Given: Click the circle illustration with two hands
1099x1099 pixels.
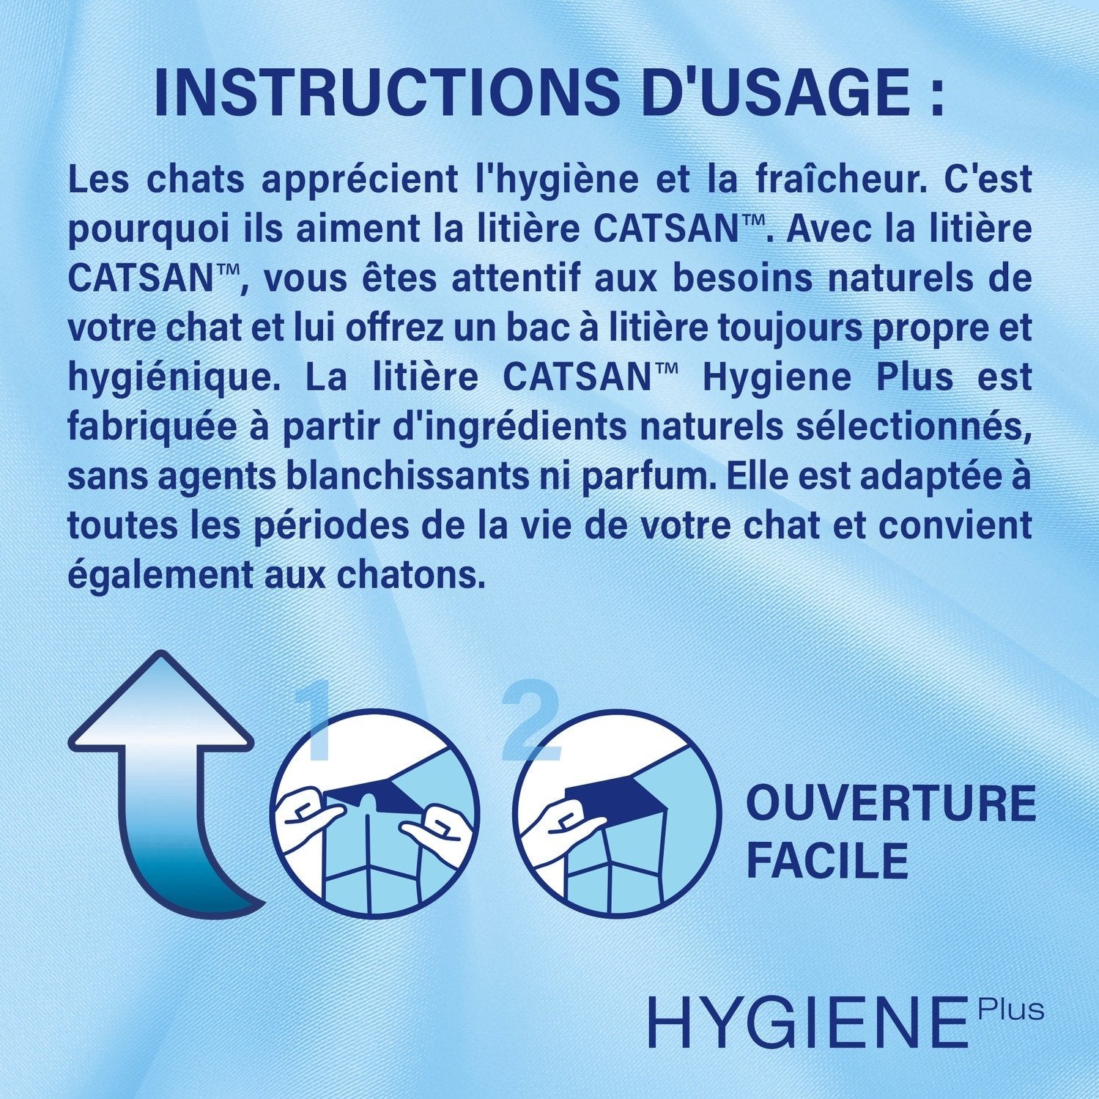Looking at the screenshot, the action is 375,814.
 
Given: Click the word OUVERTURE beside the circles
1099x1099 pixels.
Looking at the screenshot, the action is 890,804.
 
